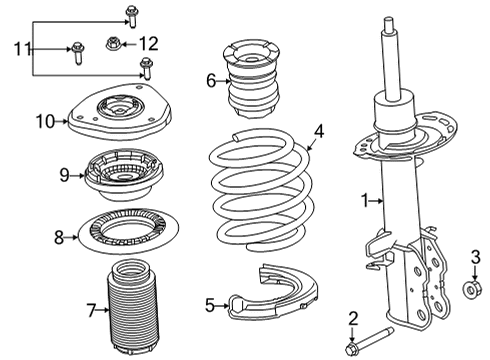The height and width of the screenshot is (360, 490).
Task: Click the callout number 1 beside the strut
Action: point(367,200)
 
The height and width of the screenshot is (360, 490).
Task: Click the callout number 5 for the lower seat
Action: point(209,305)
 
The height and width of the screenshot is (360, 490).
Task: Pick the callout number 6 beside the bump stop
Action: point(210,80)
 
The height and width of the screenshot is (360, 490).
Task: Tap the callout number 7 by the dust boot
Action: point(92,311)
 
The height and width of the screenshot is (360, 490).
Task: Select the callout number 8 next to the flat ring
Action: point(58,238)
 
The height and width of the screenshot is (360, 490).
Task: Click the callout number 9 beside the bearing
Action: point(63,175)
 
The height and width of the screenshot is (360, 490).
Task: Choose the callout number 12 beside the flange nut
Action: point(148,43)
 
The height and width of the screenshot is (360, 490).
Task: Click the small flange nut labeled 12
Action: point(112,43)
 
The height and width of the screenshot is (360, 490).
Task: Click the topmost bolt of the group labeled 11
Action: point(131,14)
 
